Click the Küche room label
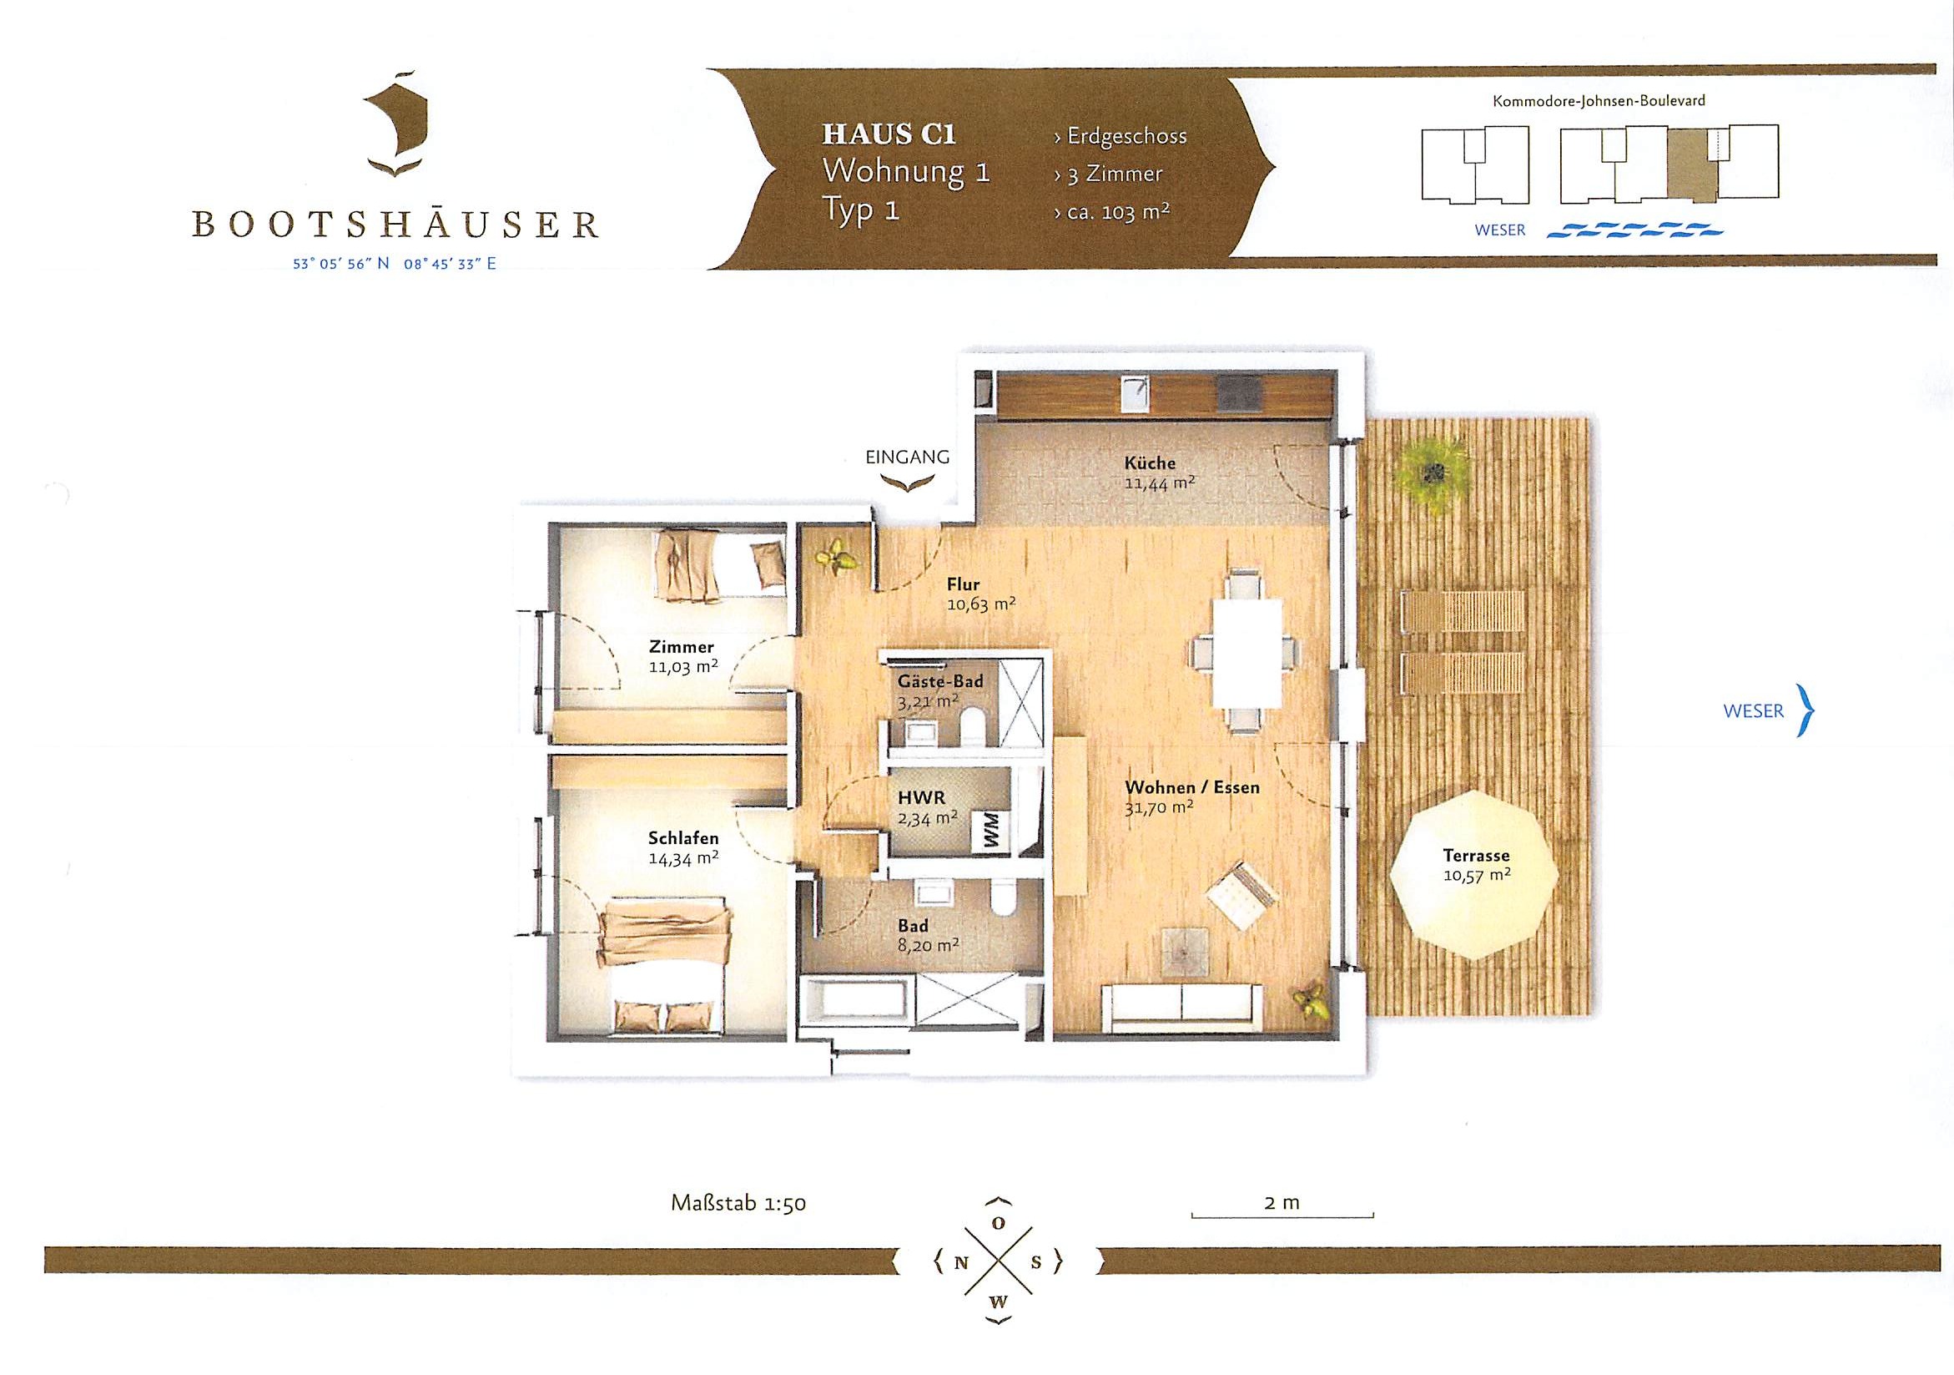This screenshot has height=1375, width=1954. click(x=1149, y=463)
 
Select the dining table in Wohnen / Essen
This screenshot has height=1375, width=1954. click(x=1246, y=653)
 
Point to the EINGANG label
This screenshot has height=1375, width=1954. click(x=907, y=457)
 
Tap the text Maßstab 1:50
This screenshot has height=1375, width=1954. click(x=738, y=1203)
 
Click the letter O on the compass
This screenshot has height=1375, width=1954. click(x=1000, y=1223)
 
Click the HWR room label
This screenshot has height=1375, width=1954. click(x=922, y=799)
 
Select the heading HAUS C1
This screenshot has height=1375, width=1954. click(x=889, y=134)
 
